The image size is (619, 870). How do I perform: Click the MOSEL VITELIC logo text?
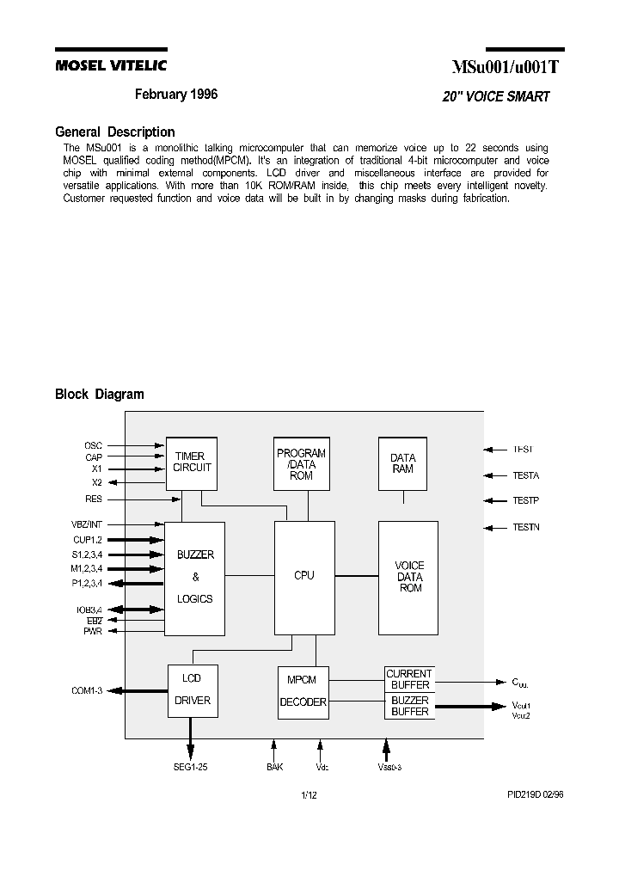point(111,65)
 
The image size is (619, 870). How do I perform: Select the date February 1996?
point(176,95)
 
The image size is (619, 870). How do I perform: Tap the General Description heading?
point(114,132)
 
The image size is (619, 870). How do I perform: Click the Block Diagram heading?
point(99,395)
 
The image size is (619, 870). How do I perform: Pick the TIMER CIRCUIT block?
point(191,463)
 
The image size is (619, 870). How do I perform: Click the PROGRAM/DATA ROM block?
point(301,464)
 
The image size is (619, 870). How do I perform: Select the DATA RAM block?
point(402,463)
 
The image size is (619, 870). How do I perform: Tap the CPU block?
point(303,576)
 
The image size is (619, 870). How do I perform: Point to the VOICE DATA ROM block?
point(408,577)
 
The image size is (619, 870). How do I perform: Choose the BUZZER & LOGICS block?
point(194,578)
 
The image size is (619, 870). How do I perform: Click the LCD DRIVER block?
point(192,689)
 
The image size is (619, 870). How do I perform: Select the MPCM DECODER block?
point(303,691)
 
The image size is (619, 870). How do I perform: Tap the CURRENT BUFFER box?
point(409,679)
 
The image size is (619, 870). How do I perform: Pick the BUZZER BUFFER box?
point(409,707)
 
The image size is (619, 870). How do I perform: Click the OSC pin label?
point(93,445)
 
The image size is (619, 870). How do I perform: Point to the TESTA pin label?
point(526,475)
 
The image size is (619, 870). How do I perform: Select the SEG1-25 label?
point(190,767)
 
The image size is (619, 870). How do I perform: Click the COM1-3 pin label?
point(87,690)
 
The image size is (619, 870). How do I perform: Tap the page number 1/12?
point(309,795)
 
